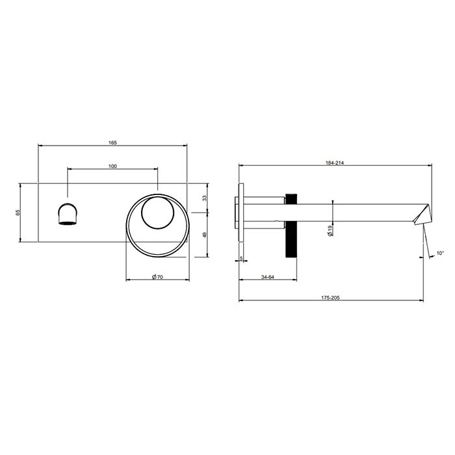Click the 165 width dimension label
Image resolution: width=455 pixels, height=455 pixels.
coord(112,142)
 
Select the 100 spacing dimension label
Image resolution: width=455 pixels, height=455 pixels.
coord(112,166)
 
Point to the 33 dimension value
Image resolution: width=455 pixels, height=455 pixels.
coord(204,198)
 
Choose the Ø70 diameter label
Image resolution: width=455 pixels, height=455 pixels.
coord(157,277)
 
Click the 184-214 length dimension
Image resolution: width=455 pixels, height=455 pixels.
coord(335,164)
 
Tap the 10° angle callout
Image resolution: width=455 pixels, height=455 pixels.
coord(440,252)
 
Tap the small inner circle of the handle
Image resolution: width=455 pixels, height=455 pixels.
coord(157,213)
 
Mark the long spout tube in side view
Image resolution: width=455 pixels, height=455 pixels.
coord(357,212)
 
